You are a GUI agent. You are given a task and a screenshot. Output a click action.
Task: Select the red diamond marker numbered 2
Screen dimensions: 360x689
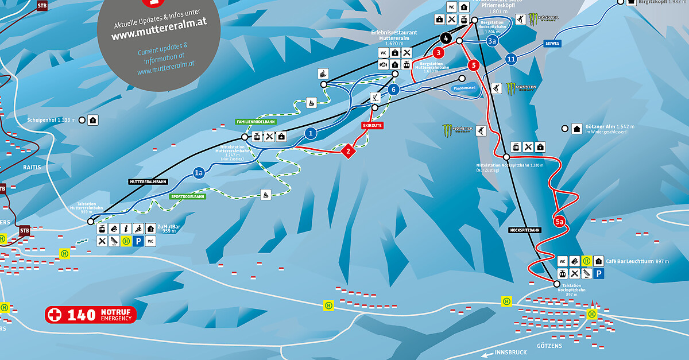click(347, 152)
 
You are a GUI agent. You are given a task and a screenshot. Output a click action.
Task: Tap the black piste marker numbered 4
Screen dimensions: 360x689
click(446, 38)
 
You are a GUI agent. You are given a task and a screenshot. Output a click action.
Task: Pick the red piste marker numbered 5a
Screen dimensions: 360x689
click(560, 220)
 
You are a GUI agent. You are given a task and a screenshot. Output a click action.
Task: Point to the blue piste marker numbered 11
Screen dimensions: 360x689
click(512, 59)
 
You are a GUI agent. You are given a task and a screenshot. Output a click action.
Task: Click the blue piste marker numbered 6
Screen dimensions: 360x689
click(393, 90)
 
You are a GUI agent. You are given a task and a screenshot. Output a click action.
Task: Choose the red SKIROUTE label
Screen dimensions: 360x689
click(372, 125)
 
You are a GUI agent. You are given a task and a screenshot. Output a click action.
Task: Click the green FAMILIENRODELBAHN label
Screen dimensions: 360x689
click(256, 122)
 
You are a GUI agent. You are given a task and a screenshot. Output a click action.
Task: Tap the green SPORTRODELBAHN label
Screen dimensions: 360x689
click(188, 196)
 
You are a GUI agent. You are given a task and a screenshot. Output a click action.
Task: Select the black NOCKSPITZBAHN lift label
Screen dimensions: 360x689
click(525, 230)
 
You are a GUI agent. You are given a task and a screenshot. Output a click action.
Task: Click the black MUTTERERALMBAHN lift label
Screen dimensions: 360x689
click(148, 181)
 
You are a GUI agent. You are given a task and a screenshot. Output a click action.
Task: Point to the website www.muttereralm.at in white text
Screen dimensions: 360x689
click(159, 35)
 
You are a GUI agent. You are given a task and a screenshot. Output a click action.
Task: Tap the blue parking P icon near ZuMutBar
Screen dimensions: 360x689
click(138, 242)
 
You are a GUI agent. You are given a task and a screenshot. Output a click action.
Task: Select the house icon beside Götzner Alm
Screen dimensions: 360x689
click(576, 129)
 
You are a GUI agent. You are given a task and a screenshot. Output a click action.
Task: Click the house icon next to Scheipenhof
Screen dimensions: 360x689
click(93, 120)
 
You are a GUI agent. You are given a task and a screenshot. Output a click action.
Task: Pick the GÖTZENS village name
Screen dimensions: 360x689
click(550, 346)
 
